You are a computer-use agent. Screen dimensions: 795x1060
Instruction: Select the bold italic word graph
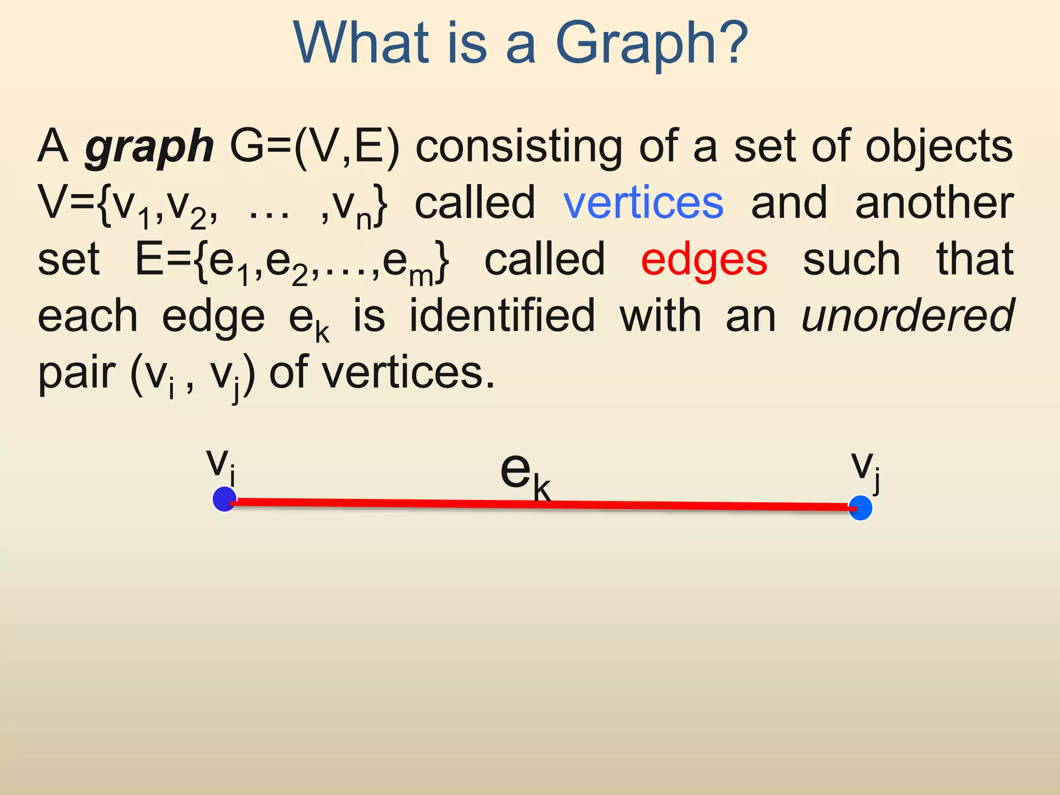(149, 147)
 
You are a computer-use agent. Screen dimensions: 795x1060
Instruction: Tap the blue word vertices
(643, 203)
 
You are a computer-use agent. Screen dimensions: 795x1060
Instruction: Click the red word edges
(704, 260)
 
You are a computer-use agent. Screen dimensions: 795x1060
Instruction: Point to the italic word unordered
(907, 316)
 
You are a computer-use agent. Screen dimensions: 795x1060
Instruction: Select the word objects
(939, 147)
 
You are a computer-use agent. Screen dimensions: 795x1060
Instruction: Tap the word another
(934, 203)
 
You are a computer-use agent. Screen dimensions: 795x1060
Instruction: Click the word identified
(502, 316)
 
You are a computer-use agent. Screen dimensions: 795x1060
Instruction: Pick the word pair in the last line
(77, 373)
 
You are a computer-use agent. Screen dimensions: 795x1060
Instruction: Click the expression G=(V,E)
(315, 147)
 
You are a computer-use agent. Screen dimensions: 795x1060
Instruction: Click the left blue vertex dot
(225, 499)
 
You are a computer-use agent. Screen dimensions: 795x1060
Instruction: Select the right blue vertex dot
(861, 508)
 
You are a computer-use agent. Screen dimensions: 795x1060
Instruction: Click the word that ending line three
(975, 259)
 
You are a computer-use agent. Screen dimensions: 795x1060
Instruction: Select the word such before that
(851, 260)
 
